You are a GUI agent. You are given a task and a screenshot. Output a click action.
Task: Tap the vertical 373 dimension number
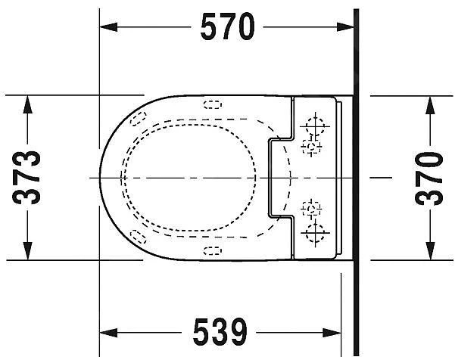point(27,177)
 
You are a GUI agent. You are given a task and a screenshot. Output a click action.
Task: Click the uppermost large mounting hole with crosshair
point(315,124)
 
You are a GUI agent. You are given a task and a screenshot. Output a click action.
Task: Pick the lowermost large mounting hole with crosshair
point(315,229)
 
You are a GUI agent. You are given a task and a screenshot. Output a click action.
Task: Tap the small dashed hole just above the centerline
point(310,144)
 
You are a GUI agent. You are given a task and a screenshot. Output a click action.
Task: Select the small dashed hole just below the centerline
point(310,206)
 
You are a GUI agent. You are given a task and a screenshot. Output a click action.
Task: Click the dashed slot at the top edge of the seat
point(213,105)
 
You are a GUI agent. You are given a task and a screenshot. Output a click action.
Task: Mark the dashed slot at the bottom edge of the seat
point(213,249)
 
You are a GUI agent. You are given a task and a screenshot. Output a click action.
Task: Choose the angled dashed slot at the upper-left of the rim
point(137,118)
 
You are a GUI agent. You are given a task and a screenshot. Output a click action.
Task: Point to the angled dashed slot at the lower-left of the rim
point(137,235)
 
